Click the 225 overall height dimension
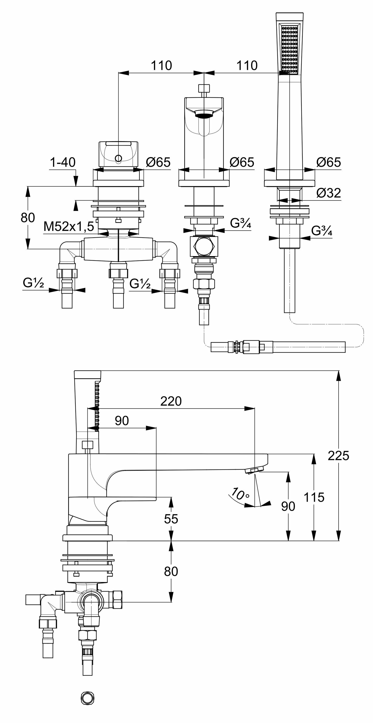click(x=338, y=456)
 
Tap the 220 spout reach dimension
click(x=171, y=401)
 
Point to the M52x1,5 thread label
click(x=69, y=226)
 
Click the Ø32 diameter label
click(x=328, y=193)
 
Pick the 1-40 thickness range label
click(x=63, y=162)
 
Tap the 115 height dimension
click(x=314, y=497)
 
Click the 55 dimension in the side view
click(x=171, y=519)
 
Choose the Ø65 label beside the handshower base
click(x=328, y=162)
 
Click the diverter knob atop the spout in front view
click(x=204, y=88)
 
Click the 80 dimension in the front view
click(x=28, y=218)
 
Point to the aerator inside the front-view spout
click(x=204, y=113)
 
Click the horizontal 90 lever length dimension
click(x=121, y=421)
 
